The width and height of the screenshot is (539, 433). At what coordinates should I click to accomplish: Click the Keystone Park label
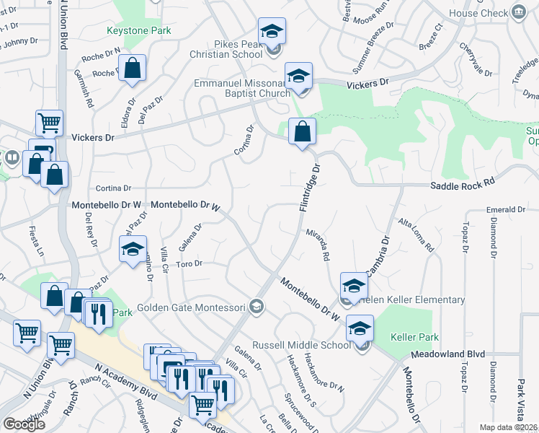coord(139,31)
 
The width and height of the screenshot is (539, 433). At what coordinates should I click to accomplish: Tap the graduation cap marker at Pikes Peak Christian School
coord(272,31)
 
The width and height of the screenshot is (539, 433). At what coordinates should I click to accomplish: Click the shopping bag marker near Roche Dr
coord(133,68)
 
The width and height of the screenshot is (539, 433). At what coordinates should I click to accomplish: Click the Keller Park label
coord(414,337)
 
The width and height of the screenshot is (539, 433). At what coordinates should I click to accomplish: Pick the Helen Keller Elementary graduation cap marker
coord(354,287)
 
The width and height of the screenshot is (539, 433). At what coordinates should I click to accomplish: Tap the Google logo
coord(24,424)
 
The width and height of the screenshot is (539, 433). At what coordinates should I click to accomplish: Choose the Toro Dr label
coord(189,264)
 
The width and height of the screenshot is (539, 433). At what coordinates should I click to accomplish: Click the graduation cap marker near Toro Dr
coord(133,249)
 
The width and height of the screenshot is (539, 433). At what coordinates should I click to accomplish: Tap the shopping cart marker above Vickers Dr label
coord(49,123)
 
